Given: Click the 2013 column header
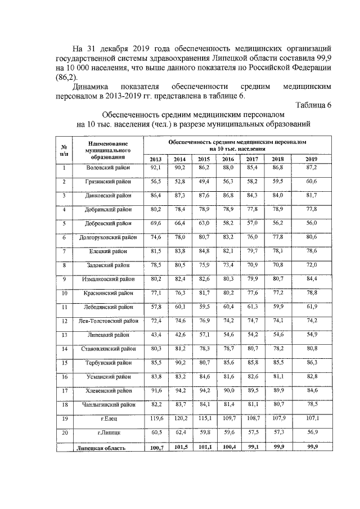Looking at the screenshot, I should tap(155, 159).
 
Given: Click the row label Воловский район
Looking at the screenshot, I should tap(109, 168).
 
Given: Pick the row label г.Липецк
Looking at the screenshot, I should tap(109, 433).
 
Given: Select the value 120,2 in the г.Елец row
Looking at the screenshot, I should tap(180, 418).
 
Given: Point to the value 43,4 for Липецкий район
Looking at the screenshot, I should tap(156, 335).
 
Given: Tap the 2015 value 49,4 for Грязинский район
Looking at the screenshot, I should tap(204, 182).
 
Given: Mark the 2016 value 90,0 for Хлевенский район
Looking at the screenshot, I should tap(227, 390).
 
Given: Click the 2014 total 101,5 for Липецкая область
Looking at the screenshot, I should tap(180, 448).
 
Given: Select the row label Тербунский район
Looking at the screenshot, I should tap(109, 363).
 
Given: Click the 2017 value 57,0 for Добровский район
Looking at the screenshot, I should tap(251, 223).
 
